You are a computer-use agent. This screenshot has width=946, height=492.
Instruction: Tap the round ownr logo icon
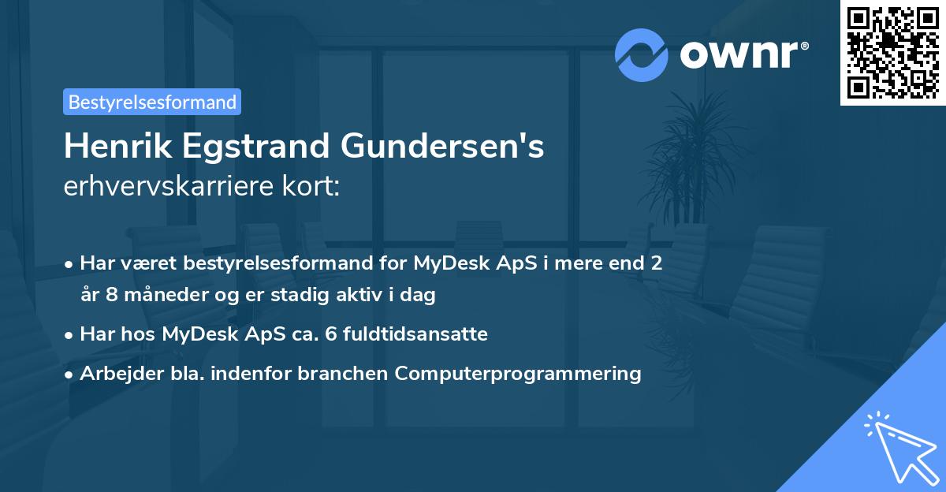click(x=642, y=55)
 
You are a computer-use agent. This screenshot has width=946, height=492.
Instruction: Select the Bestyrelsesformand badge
click(x=152, y=102)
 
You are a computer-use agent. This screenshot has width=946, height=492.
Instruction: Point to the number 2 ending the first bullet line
click(x=655, y=263)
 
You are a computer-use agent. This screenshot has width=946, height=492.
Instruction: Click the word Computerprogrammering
click(x=518, y=373)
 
